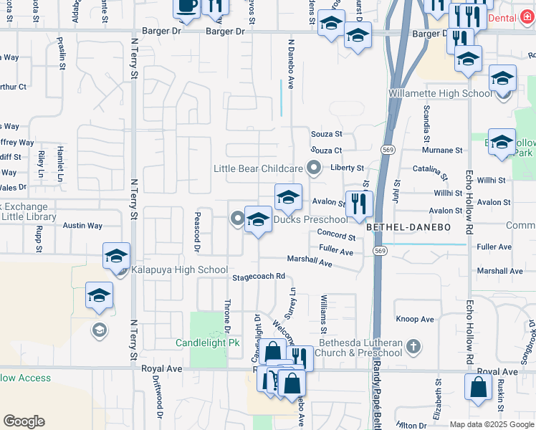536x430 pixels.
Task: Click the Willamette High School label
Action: pos(441,93)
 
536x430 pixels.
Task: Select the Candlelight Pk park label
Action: pos(208,343)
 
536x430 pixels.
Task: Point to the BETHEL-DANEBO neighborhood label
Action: pos(398,226)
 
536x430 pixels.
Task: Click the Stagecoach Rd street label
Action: pos(259,277)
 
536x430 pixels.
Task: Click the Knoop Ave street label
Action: pos(415,319)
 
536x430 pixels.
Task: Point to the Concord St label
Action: pos(337,236)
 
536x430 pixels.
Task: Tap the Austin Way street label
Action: pos(82,225)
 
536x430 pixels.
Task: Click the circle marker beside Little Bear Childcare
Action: pos(313,168)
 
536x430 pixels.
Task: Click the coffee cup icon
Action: pos(187,6)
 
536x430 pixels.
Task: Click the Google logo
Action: pos(24,421)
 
